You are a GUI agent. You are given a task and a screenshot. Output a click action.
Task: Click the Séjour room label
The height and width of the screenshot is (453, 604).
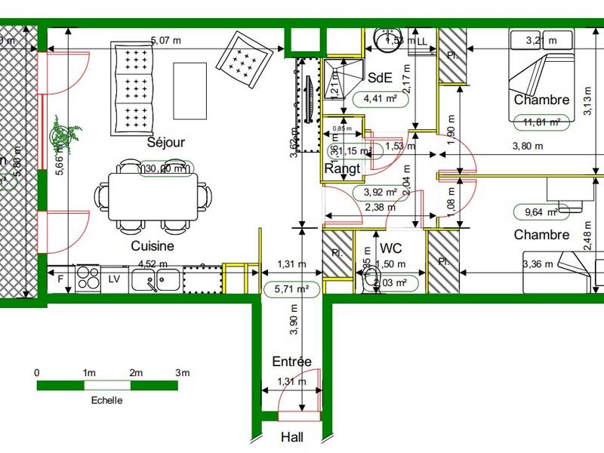[166, 142]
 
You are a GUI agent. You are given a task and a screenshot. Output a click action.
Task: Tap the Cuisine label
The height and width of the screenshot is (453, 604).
[153, 245]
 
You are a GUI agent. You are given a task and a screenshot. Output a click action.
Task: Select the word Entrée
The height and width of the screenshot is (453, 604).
[291, 362]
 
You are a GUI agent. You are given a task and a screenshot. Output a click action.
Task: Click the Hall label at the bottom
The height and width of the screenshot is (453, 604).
[292, 437]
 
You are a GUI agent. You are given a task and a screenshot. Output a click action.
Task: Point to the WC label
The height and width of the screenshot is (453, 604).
[391, 248]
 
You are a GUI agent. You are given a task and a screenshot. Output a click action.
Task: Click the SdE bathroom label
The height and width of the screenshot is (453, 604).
[379, 77]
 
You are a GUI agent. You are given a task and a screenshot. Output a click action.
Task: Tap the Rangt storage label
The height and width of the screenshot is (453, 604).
[342, 169]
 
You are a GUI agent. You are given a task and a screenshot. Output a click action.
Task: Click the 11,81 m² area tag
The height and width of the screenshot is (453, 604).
[541, 122]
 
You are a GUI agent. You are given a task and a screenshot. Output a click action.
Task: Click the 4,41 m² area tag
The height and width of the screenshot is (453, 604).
[381, 98]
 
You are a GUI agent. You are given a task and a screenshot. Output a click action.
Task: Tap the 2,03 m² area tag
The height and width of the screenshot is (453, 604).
[391, 283]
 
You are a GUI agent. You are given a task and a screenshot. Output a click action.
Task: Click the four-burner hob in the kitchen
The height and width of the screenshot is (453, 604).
[88, 279]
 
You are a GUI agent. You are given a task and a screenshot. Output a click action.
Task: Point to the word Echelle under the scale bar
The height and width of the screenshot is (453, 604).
[106, 400]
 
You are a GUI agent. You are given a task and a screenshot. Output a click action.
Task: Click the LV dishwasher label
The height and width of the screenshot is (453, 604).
[115, 279]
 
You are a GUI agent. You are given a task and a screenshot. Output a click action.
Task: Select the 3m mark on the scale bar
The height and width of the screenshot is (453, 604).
[182, 373]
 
